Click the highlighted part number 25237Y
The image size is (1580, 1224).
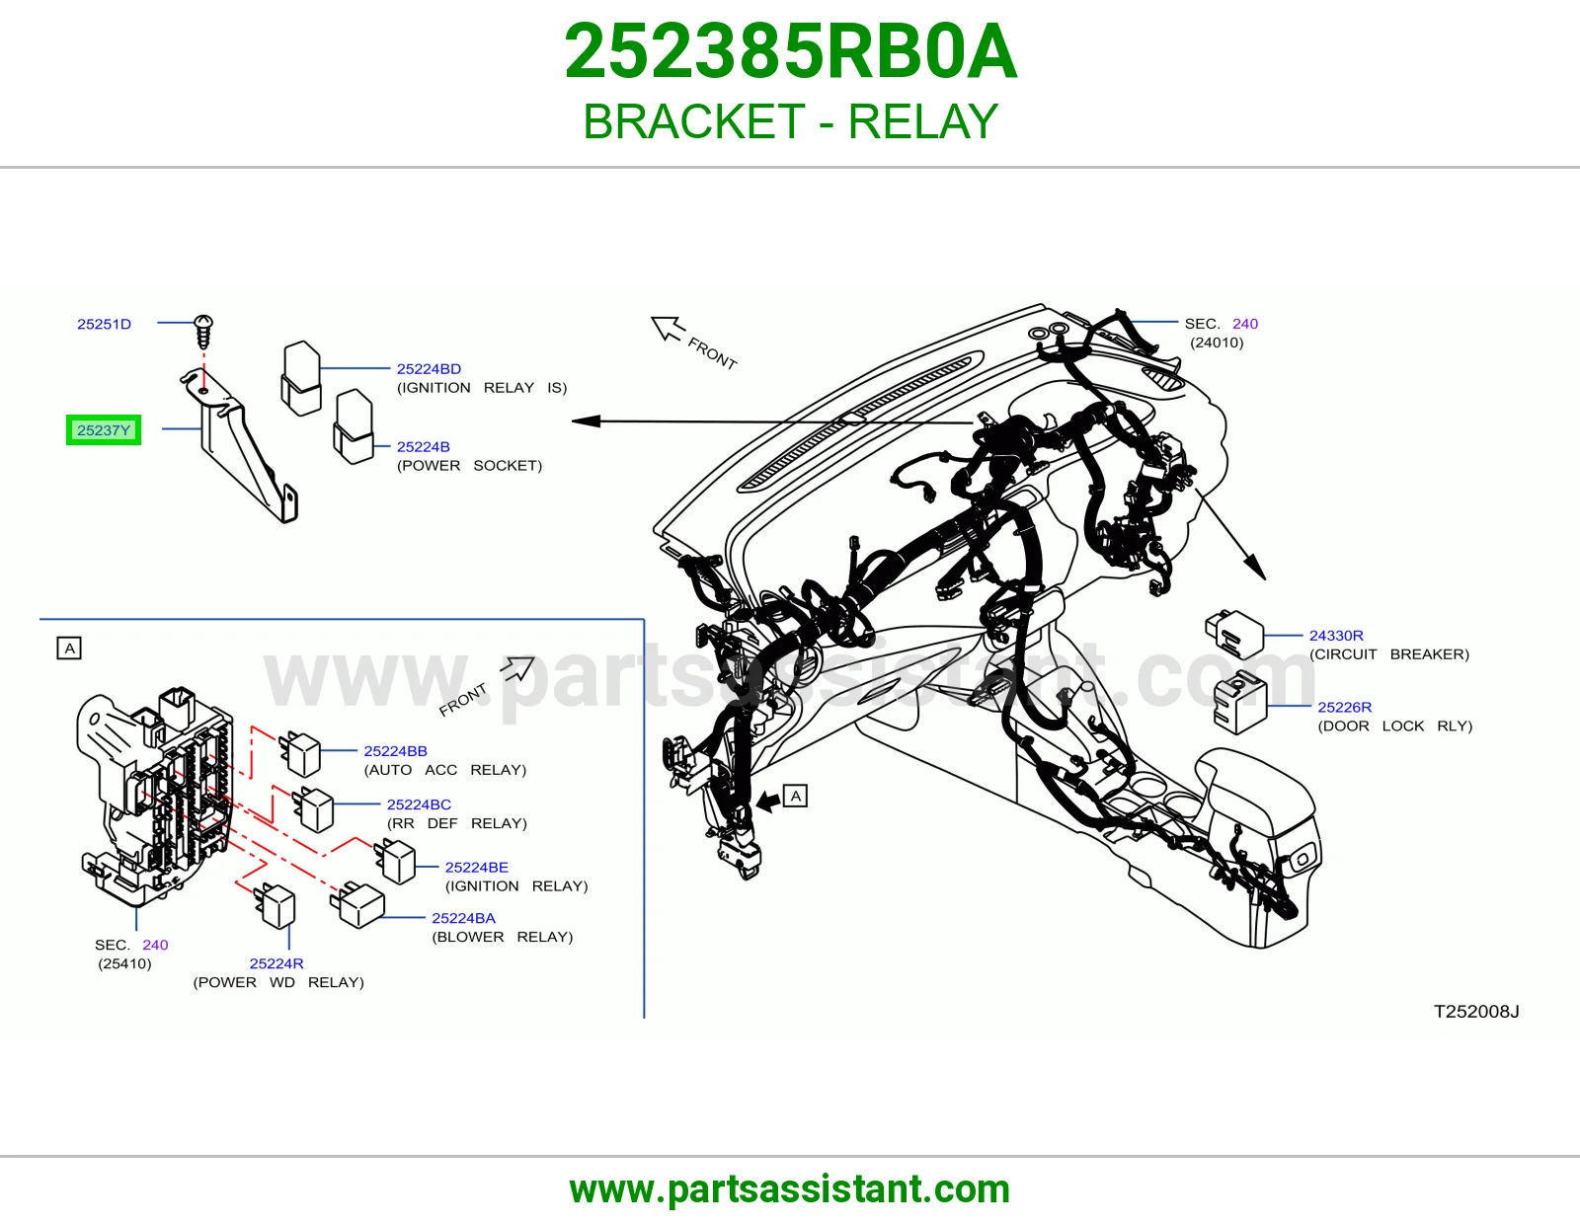(104, 430)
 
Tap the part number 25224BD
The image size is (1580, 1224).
(429, 369)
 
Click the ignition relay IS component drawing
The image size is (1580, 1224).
(301, 378)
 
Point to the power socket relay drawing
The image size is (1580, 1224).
(354, 426)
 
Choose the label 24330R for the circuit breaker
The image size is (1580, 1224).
(1336, 636)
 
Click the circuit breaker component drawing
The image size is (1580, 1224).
(1234, 634)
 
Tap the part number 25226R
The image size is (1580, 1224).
(1345, 707)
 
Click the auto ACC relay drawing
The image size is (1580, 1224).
(299, 753)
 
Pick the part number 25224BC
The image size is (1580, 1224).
(419, 804)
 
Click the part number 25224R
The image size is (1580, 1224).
(276, 963)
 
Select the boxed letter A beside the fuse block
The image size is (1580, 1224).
(69, 649)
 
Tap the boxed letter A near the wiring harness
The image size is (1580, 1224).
(796, 796)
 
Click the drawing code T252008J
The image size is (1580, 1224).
(1476, 1012)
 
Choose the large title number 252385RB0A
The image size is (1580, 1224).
(790, 51)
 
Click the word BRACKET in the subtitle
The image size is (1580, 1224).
(693, 121)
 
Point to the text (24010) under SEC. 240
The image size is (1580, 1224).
(1217, 343)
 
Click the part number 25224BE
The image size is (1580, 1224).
(477, 867)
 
